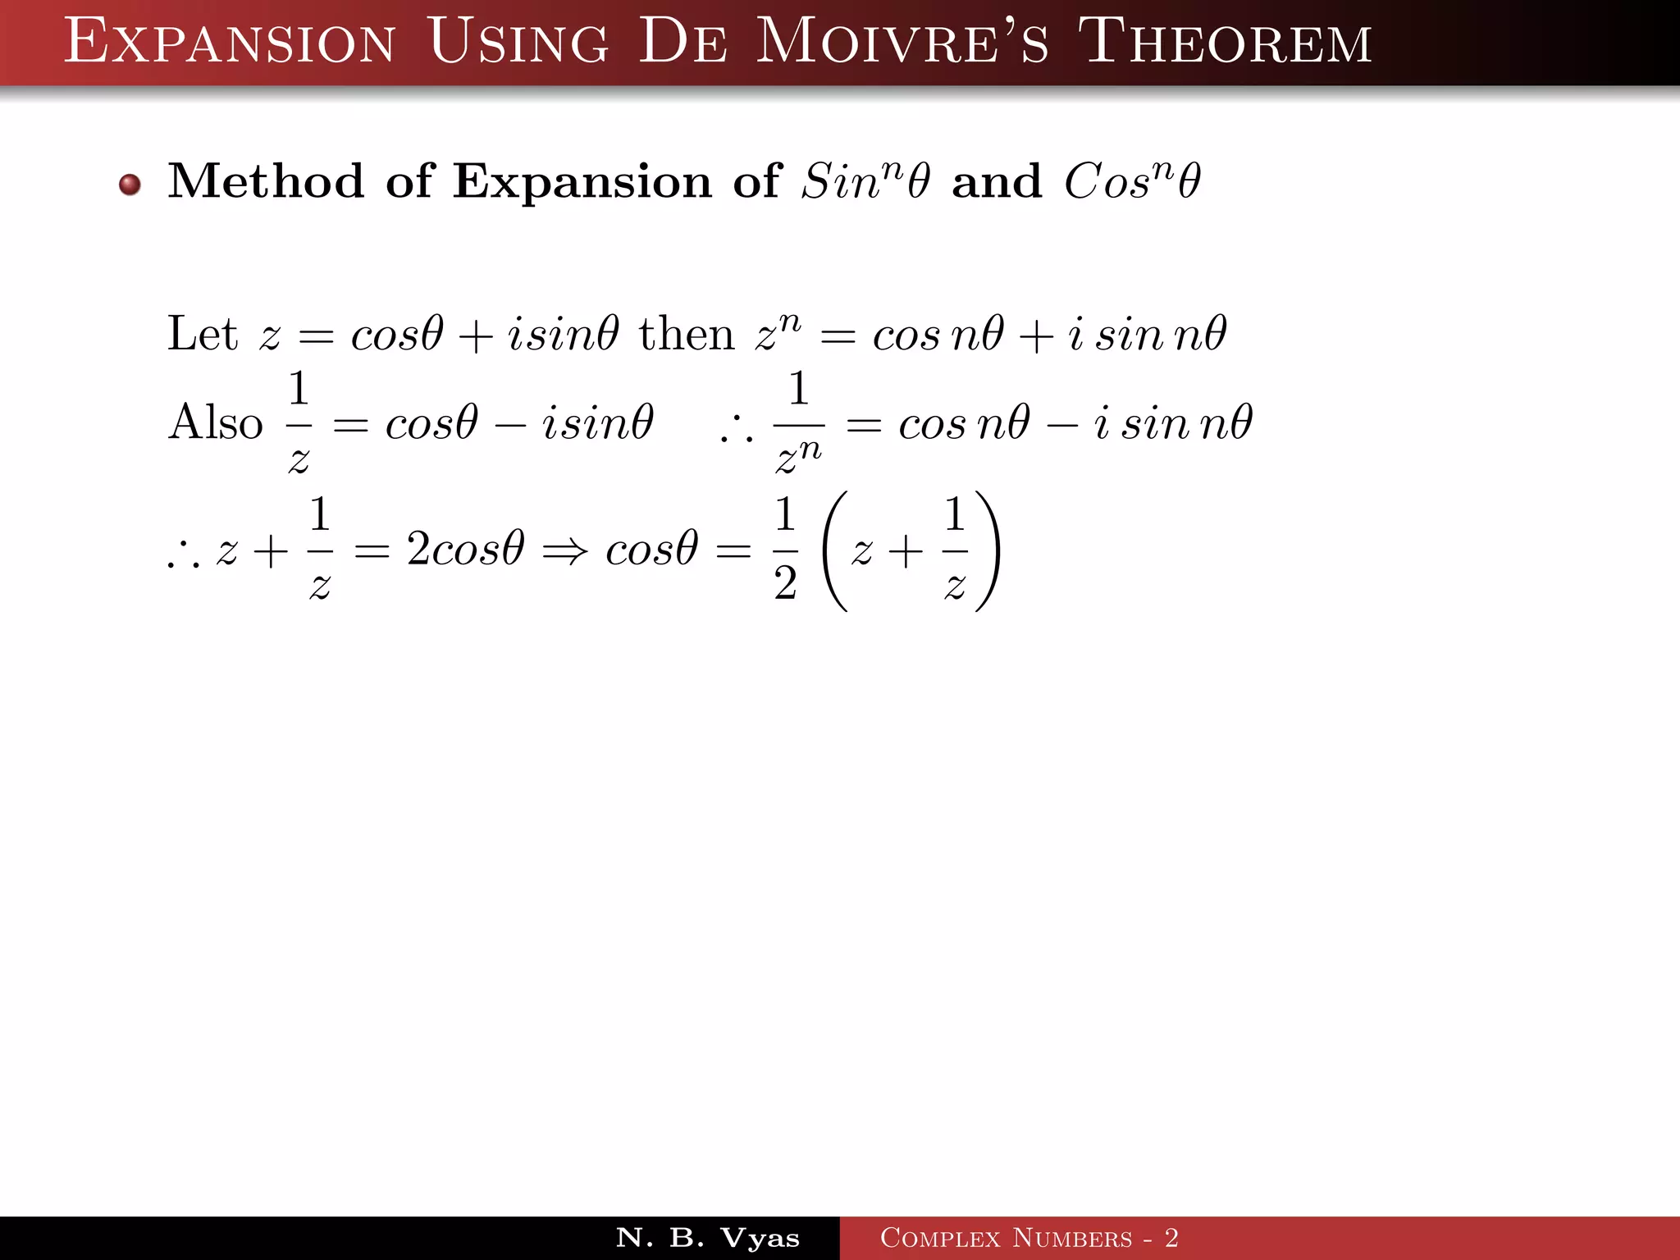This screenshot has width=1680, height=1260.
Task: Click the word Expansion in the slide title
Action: pyautogui.click(x=230, y=42)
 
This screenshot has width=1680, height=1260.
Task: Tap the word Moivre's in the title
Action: pyautogui.click(x=902, y=42)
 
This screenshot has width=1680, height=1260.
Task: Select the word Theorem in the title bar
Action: pyautogui.click(x=1224, y=42)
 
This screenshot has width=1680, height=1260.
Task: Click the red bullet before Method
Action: pyautogui.click(x=130, y=185)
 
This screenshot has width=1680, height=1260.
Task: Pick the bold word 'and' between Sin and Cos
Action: pyautogui.click(x=996, y=181)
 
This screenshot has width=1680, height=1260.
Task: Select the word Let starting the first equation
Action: pyautogui.click(x=202, y=334)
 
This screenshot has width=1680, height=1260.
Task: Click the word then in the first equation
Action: pyautogui.click(x=687, y=335)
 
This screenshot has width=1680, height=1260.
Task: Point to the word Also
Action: pyautogui.click(x=215, y=423)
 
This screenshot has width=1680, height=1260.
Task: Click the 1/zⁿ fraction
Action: pyautogui.click(x=798, y=424)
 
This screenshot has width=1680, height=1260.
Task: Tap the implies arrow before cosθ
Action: pyautogui.click(x=565, y=550)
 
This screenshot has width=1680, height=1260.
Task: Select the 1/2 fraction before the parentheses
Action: pyautogui.click(x=785, y=549)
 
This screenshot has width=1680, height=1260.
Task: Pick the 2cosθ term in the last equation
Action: pyautogui.click(x=465, y=549)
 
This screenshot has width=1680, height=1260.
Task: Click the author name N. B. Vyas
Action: pyautogui.click(x=707, y=1238)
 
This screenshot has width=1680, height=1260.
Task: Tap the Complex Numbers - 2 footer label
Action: pyautogui.click(x=1029, y=1238)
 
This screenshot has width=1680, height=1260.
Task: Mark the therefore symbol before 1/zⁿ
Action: pyautogui.click(x=736, y=432)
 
